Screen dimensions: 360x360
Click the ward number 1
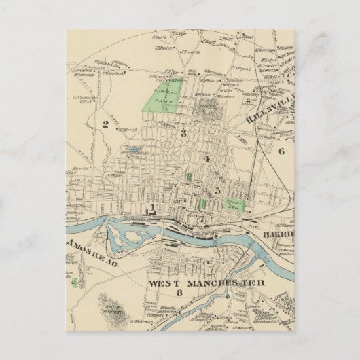pos(154,207)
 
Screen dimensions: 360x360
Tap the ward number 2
pos(105,124)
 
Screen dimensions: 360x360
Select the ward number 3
pos(183,132)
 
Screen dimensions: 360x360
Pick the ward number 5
pos(217,191)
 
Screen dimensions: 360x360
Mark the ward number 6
pos(281,151)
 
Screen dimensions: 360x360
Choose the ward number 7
pos(202,219)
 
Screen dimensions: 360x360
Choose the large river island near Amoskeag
pos(126,241)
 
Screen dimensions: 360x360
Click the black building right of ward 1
pos(164,211)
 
